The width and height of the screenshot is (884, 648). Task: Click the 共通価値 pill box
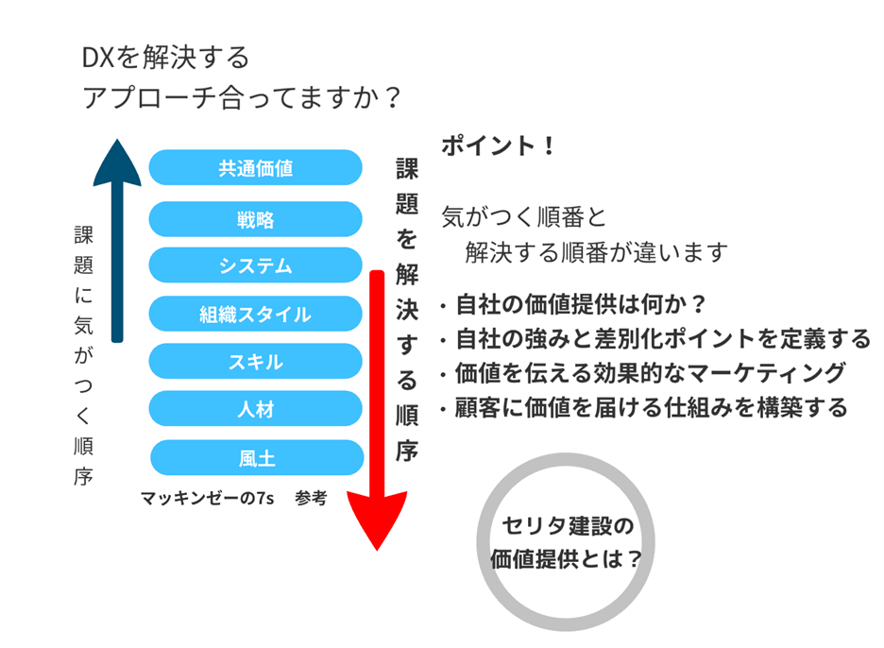pos(255,167)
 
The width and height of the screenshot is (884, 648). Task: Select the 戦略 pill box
pos(255,219)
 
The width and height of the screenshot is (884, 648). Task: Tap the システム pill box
pos(255,265)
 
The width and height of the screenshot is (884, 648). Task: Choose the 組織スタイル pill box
pos(255,314)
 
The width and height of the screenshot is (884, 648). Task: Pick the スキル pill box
pos(255,361)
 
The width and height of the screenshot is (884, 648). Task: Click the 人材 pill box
pos(255,408)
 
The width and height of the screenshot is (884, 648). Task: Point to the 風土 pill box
pos(257,457)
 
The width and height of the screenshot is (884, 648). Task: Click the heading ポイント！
pos(499,145)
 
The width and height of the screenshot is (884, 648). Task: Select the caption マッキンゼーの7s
pos(207,498)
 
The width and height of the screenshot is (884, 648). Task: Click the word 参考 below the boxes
pos(311,498)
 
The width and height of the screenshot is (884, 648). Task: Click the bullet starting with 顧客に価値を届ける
pos(644,407)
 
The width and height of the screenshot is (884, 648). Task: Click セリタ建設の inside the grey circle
pos(568,525)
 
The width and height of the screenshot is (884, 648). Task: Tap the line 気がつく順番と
pos(524,217)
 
